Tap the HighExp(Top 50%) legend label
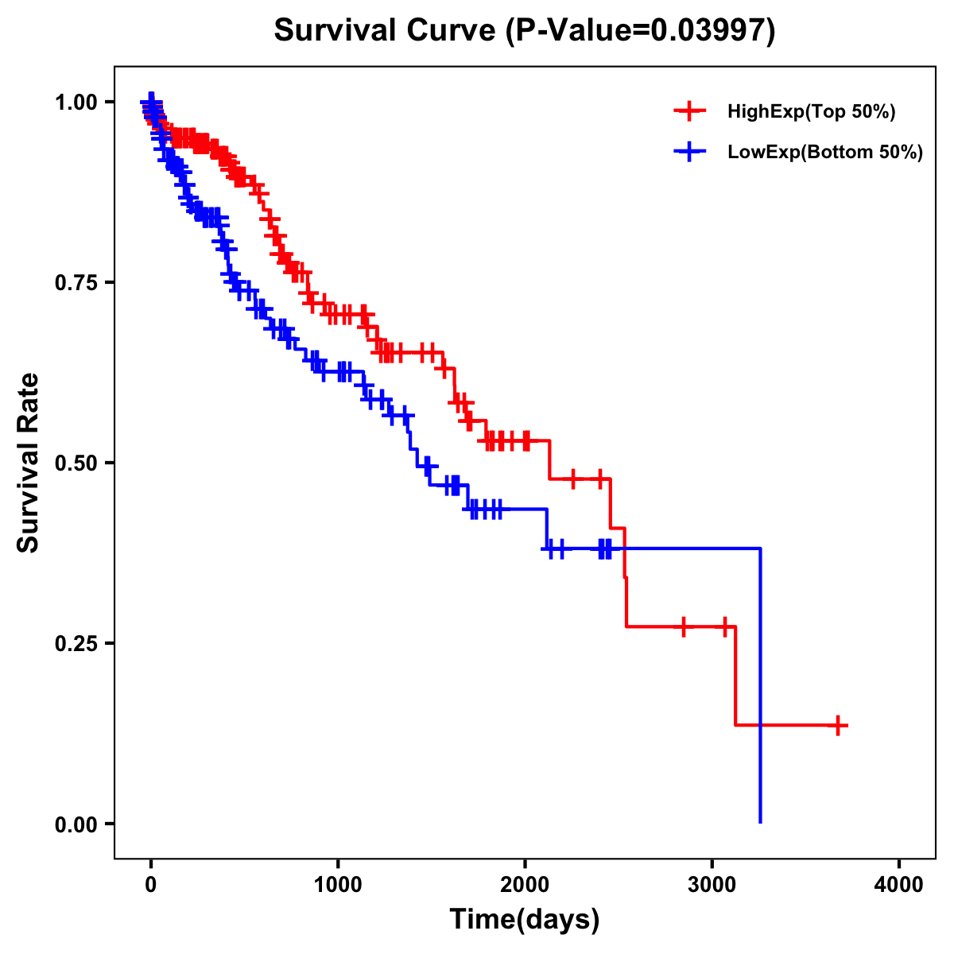(811, 112)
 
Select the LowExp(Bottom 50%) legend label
(825, 152)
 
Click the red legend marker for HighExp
(690, 112)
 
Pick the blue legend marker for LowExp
(690, 152)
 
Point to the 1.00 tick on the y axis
(77, 103)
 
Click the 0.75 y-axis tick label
(77, 283)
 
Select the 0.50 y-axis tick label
(77, 463)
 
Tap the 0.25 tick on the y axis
(77, 644)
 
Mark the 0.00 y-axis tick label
(77, 824)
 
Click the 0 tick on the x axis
(151, 885)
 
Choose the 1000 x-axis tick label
(338, 885)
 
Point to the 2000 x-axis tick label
(525, 885)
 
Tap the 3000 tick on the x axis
(712, 885)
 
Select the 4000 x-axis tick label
(899, 885)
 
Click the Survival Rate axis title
(29, 463)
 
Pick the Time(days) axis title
(525, 920)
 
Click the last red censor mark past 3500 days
(838, 725)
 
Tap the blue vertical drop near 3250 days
(761, 684)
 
